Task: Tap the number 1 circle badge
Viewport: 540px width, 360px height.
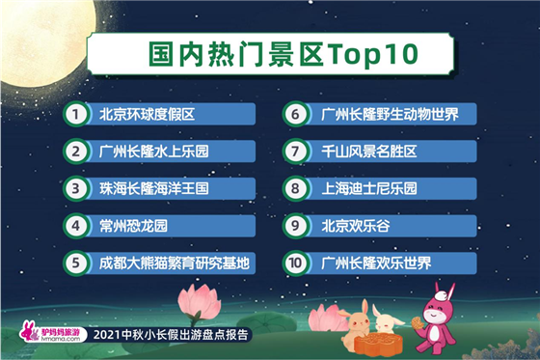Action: click(x=74, y=114)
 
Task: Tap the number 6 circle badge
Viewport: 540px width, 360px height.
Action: click(x=295, y=114)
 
